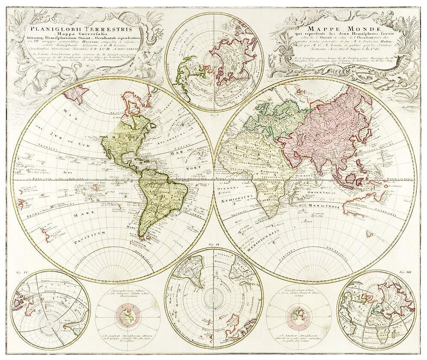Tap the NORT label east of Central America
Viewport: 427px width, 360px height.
tap(193, 169)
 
